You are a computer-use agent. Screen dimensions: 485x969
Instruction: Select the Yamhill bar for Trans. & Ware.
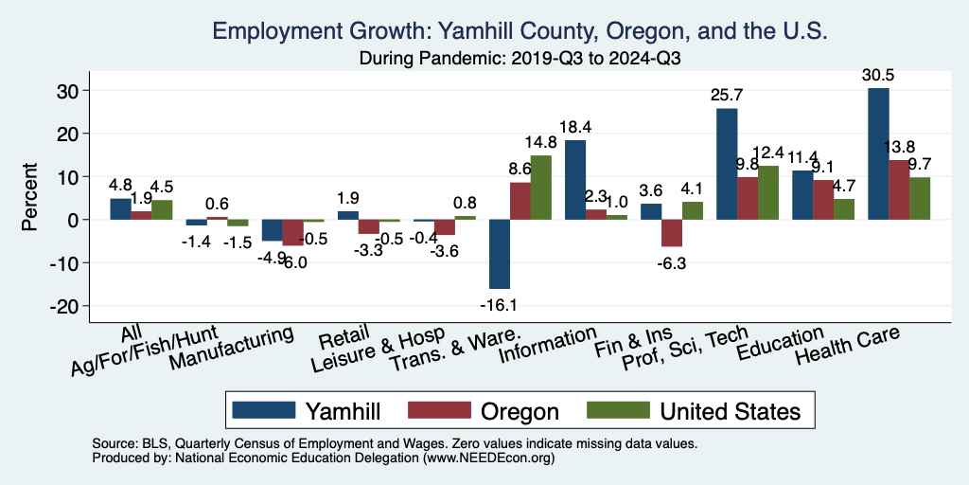click(x=500, y=254)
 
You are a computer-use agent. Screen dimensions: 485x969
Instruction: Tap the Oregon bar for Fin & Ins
click(x=672, y=233)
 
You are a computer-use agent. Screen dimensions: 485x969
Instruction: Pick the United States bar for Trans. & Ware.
click(x=541, y=188)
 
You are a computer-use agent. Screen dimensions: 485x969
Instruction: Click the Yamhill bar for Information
click(x=575, y=180)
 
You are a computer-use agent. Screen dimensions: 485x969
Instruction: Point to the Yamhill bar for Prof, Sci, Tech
click(x=727, y=164)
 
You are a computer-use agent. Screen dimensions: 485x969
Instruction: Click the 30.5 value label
click(x=878, y=74)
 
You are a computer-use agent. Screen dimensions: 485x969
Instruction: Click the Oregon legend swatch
click(x=438, y=410)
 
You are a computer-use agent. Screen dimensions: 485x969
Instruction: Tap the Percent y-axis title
click(x=31, y=198)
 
